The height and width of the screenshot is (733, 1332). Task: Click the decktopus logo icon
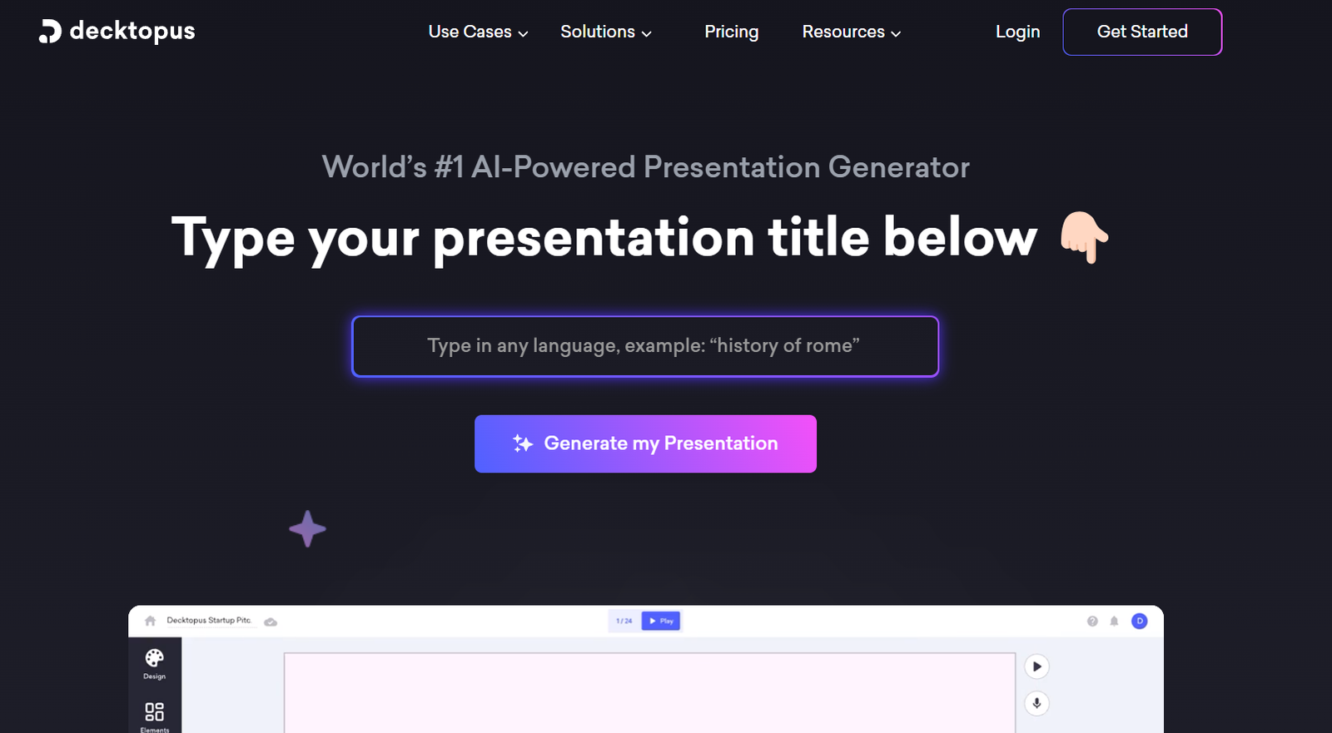tap(50, 32)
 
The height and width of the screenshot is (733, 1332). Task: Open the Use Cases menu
tap(478, 32)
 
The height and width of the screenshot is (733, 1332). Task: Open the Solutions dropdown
tap(605, 32)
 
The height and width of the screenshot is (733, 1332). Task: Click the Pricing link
tap(731, 32)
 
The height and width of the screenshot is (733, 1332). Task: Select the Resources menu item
tap(851, 32)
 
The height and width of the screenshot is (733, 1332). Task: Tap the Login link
tap(1017, 32)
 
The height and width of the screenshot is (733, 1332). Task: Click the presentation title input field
tap(644, 346)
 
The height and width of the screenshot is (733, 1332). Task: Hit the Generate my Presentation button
tap(645, 443)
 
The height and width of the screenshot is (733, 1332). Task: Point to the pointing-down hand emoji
tap(1084, 236)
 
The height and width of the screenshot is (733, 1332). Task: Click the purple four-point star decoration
tap(307, 528)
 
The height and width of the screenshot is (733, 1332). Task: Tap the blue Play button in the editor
tap(661, 621)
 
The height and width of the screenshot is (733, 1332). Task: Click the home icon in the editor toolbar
tap(150, 621)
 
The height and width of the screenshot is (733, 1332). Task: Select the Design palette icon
tap(154, 657)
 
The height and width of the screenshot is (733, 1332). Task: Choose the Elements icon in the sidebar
tap(155, 711)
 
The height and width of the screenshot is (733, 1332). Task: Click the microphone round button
tap(1036, 703)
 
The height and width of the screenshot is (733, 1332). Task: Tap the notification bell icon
tap(1114, 622)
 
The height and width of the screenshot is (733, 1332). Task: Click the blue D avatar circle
tap(1140, 621)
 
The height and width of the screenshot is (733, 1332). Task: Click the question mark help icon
tap(1092, 622)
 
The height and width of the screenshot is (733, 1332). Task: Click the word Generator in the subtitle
tap(898, 167)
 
